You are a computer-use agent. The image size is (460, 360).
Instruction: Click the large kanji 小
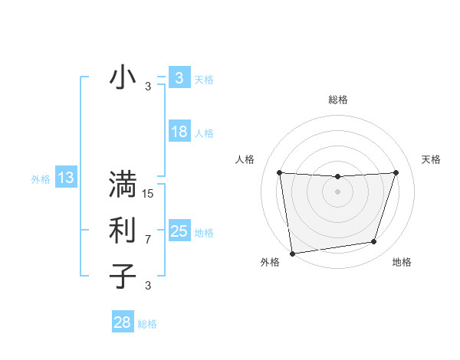click(123, 78)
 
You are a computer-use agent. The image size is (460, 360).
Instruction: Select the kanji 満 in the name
click(123, 185)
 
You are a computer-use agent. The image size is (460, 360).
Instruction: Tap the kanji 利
click(123, 231)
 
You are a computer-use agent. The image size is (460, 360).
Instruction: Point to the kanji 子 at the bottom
click(123, 275)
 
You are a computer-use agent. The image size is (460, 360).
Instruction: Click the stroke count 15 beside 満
click(148, 194)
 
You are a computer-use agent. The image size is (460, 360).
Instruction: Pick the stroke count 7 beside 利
click(148, 240)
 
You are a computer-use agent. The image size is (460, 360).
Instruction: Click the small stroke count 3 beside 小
click(148, 87)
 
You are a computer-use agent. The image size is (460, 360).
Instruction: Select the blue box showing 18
click(179, 132)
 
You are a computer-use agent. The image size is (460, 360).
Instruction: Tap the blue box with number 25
click(179, 231)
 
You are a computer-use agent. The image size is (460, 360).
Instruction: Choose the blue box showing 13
click(66, 178)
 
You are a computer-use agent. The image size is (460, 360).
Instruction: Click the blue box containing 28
click(122, 322)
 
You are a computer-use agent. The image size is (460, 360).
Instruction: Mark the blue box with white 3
click(179, 78)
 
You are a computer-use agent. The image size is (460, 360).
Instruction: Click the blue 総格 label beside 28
click(147, 324)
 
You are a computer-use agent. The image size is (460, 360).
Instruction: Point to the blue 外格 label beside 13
click(41, 179)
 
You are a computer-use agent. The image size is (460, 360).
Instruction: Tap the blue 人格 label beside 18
click(204, 133)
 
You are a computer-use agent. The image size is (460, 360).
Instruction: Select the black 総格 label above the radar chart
click(337, 100)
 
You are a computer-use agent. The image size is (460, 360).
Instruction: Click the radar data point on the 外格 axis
click(292, 253)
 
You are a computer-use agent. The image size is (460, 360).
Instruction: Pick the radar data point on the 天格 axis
click(396, 172)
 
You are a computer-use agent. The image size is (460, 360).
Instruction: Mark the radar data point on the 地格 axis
click(374, 242)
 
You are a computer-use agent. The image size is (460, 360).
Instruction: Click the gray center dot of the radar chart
click(337, 191)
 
